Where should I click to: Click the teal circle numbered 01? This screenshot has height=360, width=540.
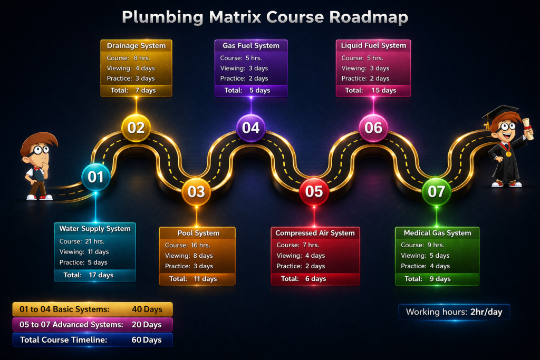pyautogui.click(x=96, y=177)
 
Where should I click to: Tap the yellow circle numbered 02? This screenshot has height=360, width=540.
pyautogui.click(x=136, y=128)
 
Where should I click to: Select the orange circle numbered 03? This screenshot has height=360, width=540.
pyautogui.click(x=196, y=191)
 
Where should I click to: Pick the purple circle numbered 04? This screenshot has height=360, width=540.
pyautogui.click(x=251, y=128)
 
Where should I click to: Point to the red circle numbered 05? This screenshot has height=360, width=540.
pyautogui.click(x=314, y=191)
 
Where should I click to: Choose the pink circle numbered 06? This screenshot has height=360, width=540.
pyautogui.click(x=373, y=128)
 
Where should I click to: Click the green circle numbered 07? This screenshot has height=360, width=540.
pyautogui.click(x=437, y=191)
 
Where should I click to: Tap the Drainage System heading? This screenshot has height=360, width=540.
pyautogui.click(x=136, y=46)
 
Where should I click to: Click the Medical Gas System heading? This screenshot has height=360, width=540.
pyautogui.click(x=437, y=233)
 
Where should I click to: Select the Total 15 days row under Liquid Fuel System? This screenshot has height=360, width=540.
pyautogui.click(x=373, y=90)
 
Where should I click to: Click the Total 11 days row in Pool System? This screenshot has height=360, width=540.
pyautogui.click(x=197, y=279)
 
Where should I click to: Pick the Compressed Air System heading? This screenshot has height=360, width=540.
pyautogui.click(x=315, y=233)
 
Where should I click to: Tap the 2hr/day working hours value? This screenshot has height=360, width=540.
pyautogui.click(x=485, y=312)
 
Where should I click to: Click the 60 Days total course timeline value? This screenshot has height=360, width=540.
pyautogui.click(x=147, y=340)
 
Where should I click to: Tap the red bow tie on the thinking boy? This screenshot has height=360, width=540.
pyautogui.click(x=37, y=169)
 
